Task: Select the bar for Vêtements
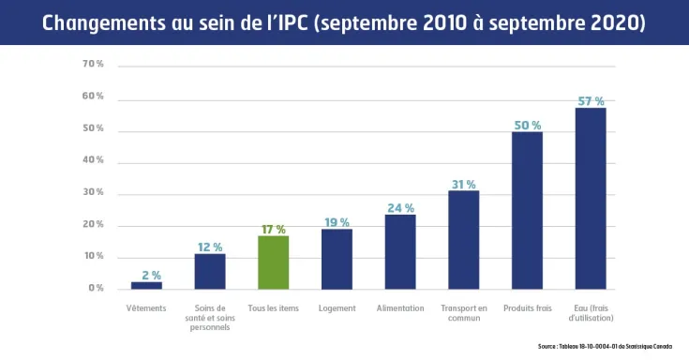146,284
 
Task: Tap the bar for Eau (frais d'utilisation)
591,198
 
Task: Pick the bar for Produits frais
527,210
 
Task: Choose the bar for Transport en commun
463,239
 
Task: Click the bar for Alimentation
400,251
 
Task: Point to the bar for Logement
337,258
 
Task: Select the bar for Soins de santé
210,270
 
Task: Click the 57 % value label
591,100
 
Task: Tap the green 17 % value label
273,229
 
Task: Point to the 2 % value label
151,275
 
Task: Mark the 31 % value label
463,184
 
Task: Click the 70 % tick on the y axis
93,65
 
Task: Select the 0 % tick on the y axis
96,288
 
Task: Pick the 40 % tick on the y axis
93,160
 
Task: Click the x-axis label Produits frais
527,308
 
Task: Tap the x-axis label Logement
337,308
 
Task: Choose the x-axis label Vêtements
146,308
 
